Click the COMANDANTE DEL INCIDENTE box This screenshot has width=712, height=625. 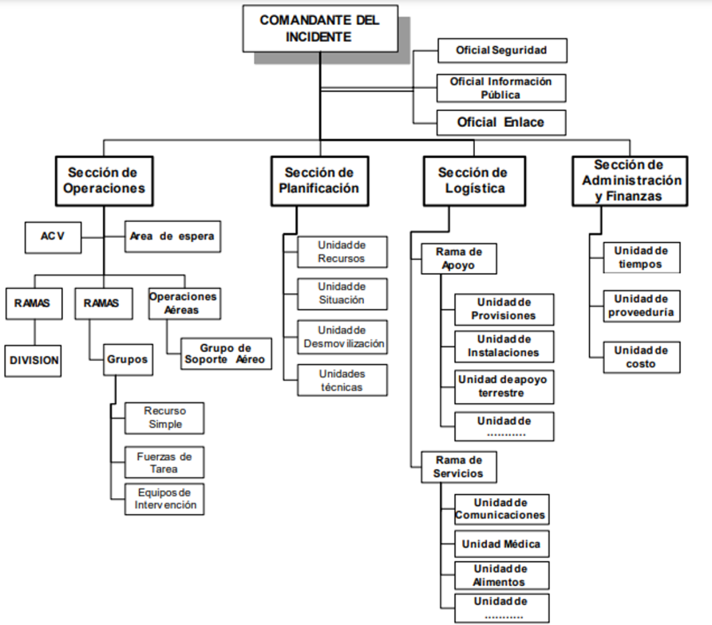coord(319,29)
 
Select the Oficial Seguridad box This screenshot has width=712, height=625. coord(501,50)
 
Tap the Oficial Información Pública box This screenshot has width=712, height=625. coord(501,88)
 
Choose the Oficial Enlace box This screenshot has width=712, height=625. coord(501,122)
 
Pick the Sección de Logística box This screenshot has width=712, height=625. coord(473,180)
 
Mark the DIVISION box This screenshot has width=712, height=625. coord(34,360)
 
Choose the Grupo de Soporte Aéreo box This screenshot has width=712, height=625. coord(226,354)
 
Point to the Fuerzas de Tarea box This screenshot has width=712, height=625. coord(164,463)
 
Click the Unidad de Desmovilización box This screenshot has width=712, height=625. coord(342,338)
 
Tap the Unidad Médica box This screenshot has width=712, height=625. coord(500,544)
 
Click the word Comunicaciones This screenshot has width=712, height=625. coord(500,516)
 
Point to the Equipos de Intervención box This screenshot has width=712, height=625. coord(164,499)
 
